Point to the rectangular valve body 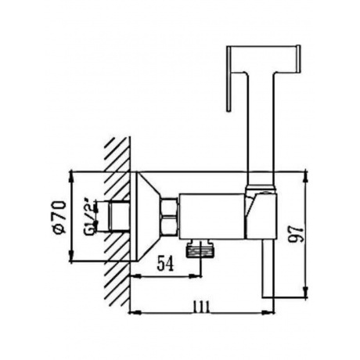click(x=211, y=213)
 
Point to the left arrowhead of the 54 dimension click(x=132, y=276)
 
